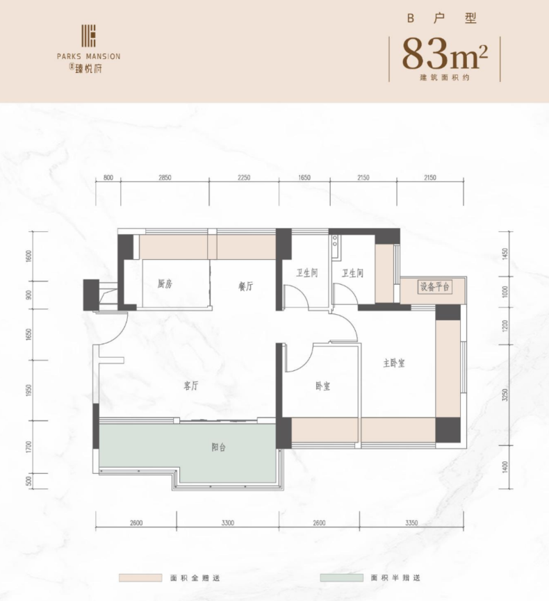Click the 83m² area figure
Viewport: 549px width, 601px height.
pos(445,53)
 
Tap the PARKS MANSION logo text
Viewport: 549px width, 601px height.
pos(88,56)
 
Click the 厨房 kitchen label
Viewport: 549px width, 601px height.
pos(165,284)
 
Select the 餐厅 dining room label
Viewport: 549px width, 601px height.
pos(245,286)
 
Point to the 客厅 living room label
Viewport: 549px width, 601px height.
pos(191,386)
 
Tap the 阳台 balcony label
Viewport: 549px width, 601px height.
pos(218,447)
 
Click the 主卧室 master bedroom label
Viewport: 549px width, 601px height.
pos(394,363)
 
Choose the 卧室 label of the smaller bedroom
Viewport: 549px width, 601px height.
pos(323,386)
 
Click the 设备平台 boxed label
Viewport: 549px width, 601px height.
pos(435,287)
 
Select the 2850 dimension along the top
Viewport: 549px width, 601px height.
pos(165,177)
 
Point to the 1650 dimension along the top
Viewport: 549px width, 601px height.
pos(304,177)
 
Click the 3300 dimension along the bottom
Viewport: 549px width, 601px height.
pos(228,522)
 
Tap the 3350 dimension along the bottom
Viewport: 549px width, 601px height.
pos(411,522)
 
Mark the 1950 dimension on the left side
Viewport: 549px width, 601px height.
pos(29,390)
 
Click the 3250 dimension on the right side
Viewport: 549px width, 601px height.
pos(505,395)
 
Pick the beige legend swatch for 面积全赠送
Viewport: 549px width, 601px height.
pos(140,577)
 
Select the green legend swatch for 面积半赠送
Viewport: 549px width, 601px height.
pos(342,577)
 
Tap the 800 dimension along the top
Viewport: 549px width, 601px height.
pos(108,177)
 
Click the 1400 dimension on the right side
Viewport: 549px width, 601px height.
pos(505,467)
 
